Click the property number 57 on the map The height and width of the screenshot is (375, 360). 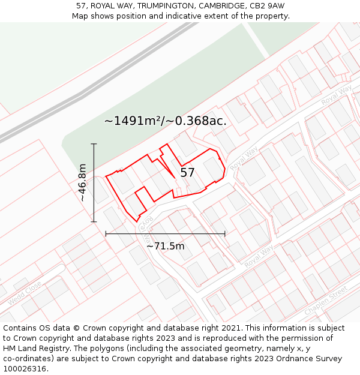pyautogui.click(x=187, y=173)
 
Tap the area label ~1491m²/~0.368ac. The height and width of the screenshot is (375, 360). pyautogui.click(x=165, y=121)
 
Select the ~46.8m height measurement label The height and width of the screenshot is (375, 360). pyautogui.click(x=82, y=182)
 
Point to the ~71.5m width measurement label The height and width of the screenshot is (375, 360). pyautogui.click(x=166, y=245)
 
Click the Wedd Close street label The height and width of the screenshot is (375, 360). pyautogui.click(x=25, y=292)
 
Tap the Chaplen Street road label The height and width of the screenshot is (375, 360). pyautogui.click(x=326, y=301)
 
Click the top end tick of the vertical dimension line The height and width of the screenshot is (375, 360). pyautogui.click(x=94, y=144)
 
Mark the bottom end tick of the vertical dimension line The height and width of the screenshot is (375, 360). pyautogui.click(x=94, y=221)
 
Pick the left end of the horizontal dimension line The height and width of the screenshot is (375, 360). pyautogui.click(x=106, y=233)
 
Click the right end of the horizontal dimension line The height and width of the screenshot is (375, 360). pyautogui.click(x=225, y=233)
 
